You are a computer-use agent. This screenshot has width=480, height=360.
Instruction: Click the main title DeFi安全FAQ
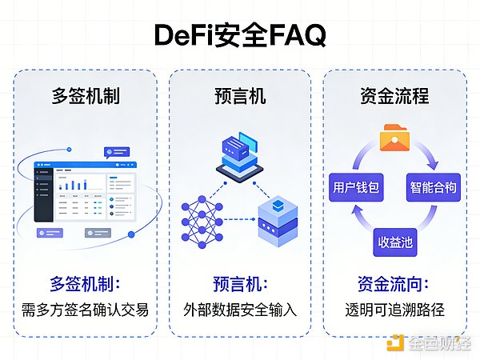[240, 37]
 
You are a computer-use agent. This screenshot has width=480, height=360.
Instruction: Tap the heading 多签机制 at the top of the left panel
[87, 97]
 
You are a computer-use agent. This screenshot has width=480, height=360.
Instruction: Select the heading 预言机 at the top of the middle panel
[239, 97]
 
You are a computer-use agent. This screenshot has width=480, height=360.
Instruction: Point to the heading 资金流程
[395, 97]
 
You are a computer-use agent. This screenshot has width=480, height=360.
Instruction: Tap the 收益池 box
[395, 242]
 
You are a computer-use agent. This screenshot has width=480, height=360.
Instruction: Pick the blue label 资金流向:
[395, 283]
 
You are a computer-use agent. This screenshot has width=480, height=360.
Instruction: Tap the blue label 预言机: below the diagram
[239, 283]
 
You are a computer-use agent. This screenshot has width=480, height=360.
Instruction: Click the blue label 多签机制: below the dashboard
[87, 283]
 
